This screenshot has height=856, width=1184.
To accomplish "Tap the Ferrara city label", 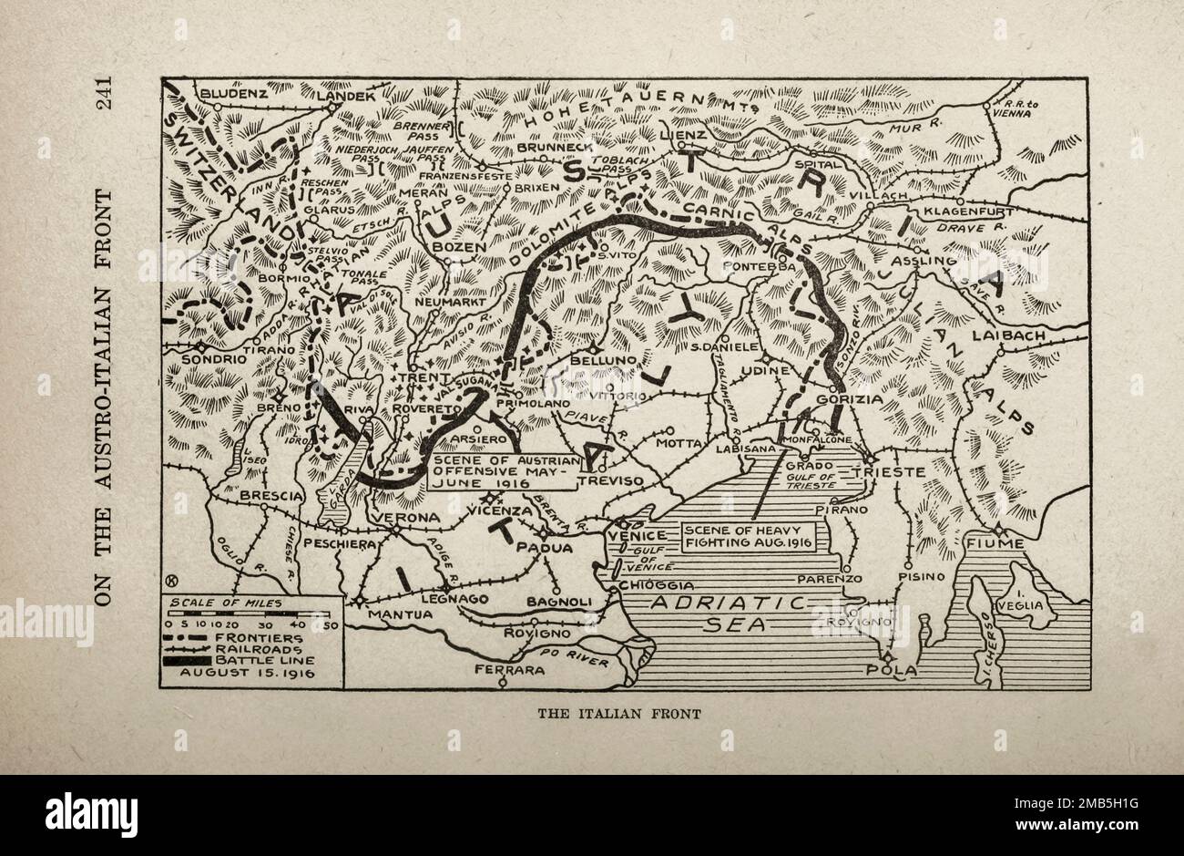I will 508,670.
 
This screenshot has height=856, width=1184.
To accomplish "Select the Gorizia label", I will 851,399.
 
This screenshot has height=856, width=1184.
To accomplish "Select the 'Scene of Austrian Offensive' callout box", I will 505,471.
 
